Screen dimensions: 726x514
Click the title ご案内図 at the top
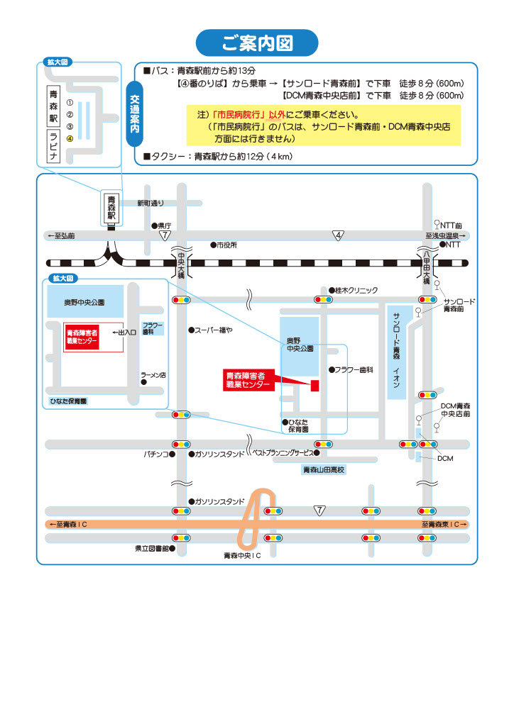coord(257,43)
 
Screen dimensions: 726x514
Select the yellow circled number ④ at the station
coord(70,138)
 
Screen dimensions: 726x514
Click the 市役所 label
coord(226,245)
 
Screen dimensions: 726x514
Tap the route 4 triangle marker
coord(339,235)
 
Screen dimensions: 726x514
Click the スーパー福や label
coord(214,330)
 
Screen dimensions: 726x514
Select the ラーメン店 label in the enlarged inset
coord(153,375)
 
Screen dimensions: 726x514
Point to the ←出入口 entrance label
coord(124,332)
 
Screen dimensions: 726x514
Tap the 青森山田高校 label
coord(323,470)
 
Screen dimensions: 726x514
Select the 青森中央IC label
coord(243,555)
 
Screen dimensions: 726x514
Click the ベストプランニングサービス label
coord(282,452)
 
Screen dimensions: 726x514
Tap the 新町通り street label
coord(151,203)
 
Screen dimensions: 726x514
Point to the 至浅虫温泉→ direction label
coord(445,235)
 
